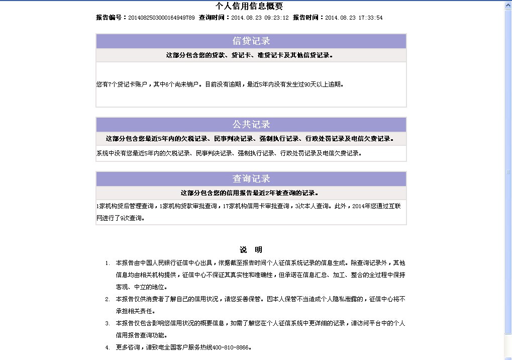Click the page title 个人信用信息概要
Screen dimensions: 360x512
(x=249, y=7)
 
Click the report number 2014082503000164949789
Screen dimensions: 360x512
(x=161, y=18)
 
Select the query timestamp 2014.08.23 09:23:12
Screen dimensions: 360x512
(x=260, y=18)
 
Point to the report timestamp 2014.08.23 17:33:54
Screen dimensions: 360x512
(x=354, y=18)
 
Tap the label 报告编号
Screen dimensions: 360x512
(x=111, y=18)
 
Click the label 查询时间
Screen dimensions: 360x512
(x=214, y=18)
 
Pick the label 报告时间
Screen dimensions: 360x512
(x=308, y=18)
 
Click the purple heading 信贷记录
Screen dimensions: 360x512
(x=251, y=41)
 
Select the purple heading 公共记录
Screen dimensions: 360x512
(x=251, y=125)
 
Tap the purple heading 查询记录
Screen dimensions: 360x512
(x=251, y=179)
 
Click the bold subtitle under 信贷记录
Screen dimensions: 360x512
(x=250, y=55)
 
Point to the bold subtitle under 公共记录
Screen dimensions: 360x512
(x=250, y=139)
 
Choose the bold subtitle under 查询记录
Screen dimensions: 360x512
(x=250, y=193)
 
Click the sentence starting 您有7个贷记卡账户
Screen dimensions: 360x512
(x=220, y=84)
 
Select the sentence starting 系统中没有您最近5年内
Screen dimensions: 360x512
(x=229, y=153)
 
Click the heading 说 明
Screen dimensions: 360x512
(x=251, y=250)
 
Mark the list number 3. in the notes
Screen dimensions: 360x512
(x=108, y=323)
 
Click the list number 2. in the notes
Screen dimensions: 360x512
(x=108, y=299)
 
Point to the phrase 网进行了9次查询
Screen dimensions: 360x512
(x=120, y=218)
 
